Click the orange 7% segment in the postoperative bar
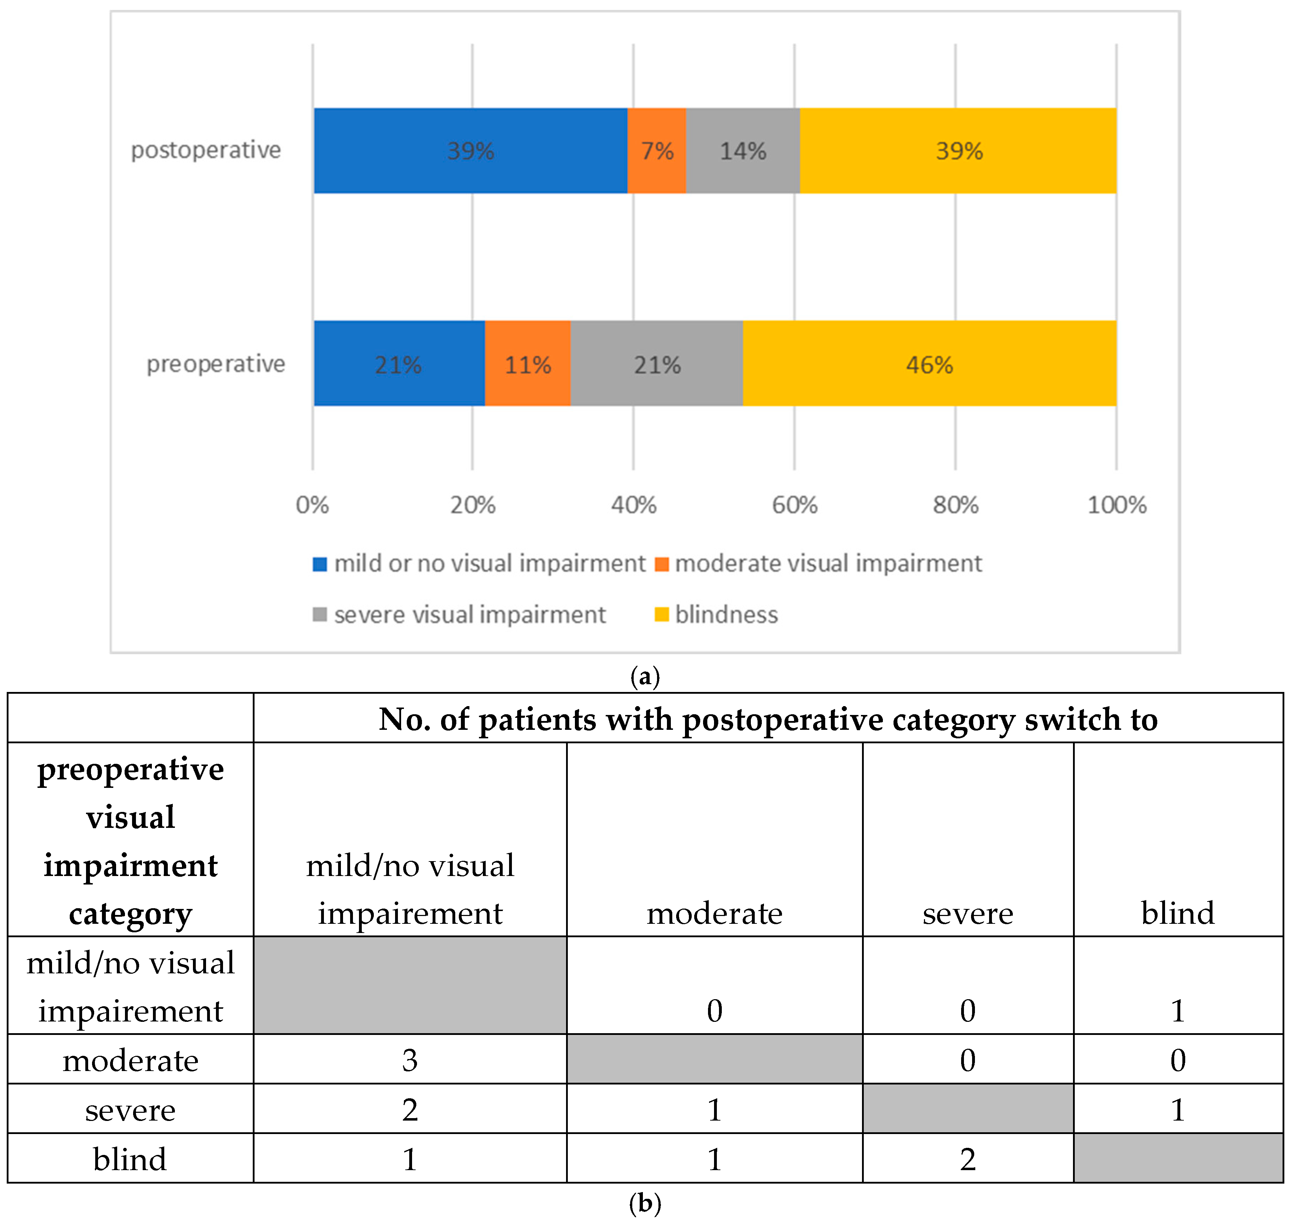656,151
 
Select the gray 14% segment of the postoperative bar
743,151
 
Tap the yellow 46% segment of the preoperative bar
929,364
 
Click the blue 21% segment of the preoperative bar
398,364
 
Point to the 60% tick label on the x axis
794,505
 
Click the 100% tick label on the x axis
1116,505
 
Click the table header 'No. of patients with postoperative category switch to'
768,719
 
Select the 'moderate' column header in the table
714,912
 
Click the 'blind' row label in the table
130,1159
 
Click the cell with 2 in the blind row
967,1159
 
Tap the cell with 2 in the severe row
410,1109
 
